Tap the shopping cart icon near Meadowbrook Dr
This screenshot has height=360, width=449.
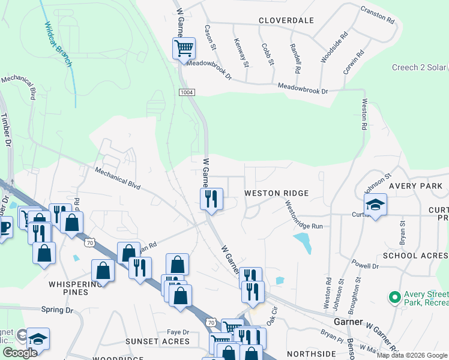click(184, 47)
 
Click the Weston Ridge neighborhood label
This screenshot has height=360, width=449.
click(276, 193)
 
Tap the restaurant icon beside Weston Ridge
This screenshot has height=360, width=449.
click(211, 199)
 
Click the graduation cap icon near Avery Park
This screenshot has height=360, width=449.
click(375, 205)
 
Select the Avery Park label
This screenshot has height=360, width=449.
click(415, 186)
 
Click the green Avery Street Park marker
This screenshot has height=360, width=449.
click(394, 297)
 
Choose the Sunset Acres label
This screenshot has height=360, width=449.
click(157, 341)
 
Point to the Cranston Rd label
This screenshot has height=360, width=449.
click(378, 15)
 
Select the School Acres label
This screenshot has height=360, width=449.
click(415, 256)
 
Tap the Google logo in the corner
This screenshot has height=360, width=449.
click(20, 352)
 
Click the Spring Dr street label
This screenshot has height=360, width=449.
click(57, 310)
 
